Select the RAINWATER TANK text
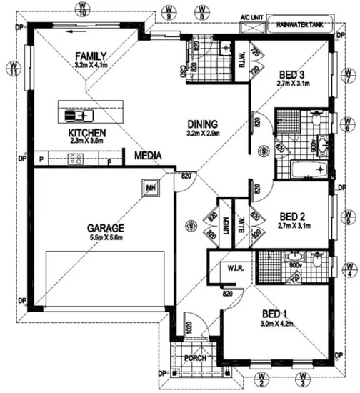tap(301, 22)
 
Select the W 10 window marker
tap(84, 9)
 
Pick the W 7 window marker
tap(348, 74)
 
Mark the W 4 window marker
tap(349, 268)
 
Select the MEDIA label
tap(146, 155)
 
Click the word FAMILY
tap(91, 56)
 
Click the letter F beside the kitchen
tap(109, 160)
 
